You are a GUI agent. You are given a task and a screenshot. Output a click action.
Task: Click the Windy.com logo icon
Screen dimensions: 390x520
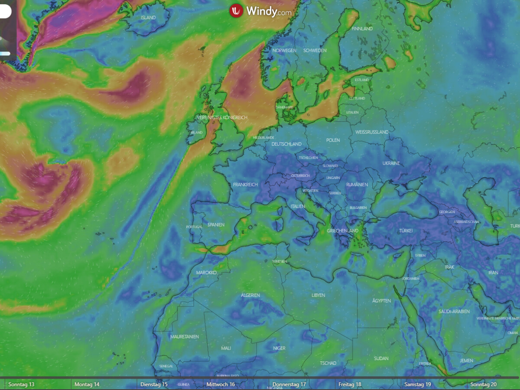click(x=237, y=10)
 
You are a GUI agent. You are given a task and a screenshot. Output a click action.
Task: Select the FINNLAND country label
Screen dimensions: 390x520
click(x=362, y=29)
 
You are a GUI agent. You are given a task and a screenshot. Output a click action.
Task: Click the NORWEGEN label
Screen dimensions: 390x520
click(x=284, y=51)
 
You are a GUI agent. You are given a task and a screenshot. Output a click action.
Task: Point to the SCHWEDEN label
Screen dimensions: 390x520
click(x=315, y=51)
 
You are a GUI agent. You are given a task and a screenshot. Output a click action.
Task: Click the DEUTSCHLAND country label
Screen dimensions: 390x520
click(x=286, y=144)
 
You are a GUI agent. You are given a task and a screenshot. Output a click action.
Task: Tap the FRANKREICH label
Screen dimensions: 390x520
click(x=245, y=185)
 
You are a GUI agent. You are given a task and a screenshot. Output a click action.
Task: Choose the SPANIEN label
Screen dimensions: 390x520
click(x=216, y=225)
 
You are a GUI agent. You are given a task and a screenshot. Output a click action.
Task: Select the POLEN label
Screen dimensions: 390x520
click(x=333, y=140)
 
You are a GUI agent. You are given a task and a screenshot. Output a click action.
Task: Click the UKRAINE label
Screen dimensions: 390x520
click(x=391, y=163)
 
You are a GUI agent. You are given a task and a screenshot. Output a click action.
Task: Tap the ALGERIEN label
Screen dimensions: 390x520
click(x=250, y=296)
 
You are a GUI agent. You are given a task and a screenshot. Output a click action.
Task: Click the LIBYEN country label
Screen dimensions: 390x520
click(x=318, y=296)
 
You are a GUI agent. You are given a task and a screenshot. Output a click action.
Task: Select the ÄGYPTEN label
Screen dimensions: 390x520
click(x=381, y=301)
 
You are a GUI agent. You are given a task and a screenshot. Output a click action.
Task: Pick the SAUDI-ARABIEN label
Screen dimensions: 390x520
click(x=454, y=312)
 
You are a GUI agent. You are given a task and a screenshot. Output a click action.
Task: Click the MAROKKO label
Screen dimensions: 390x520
click(x=206, y=273)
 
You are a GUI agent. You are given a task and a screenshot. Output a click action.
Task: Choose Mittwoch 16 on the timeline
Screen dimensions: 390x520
click(x=221, y=384)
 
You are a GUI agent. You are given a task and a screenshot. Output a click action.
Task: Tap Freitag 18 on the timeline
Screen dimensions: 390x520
click(x=350, y=384)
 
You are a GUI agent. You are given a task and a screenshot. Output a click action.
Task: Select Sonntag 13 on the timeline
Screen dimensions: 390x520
click(x=21, y=384)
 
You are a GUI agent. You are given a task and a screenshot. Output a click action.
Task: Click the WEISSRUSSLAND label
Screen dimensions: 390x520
click(x=372, y=132)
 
